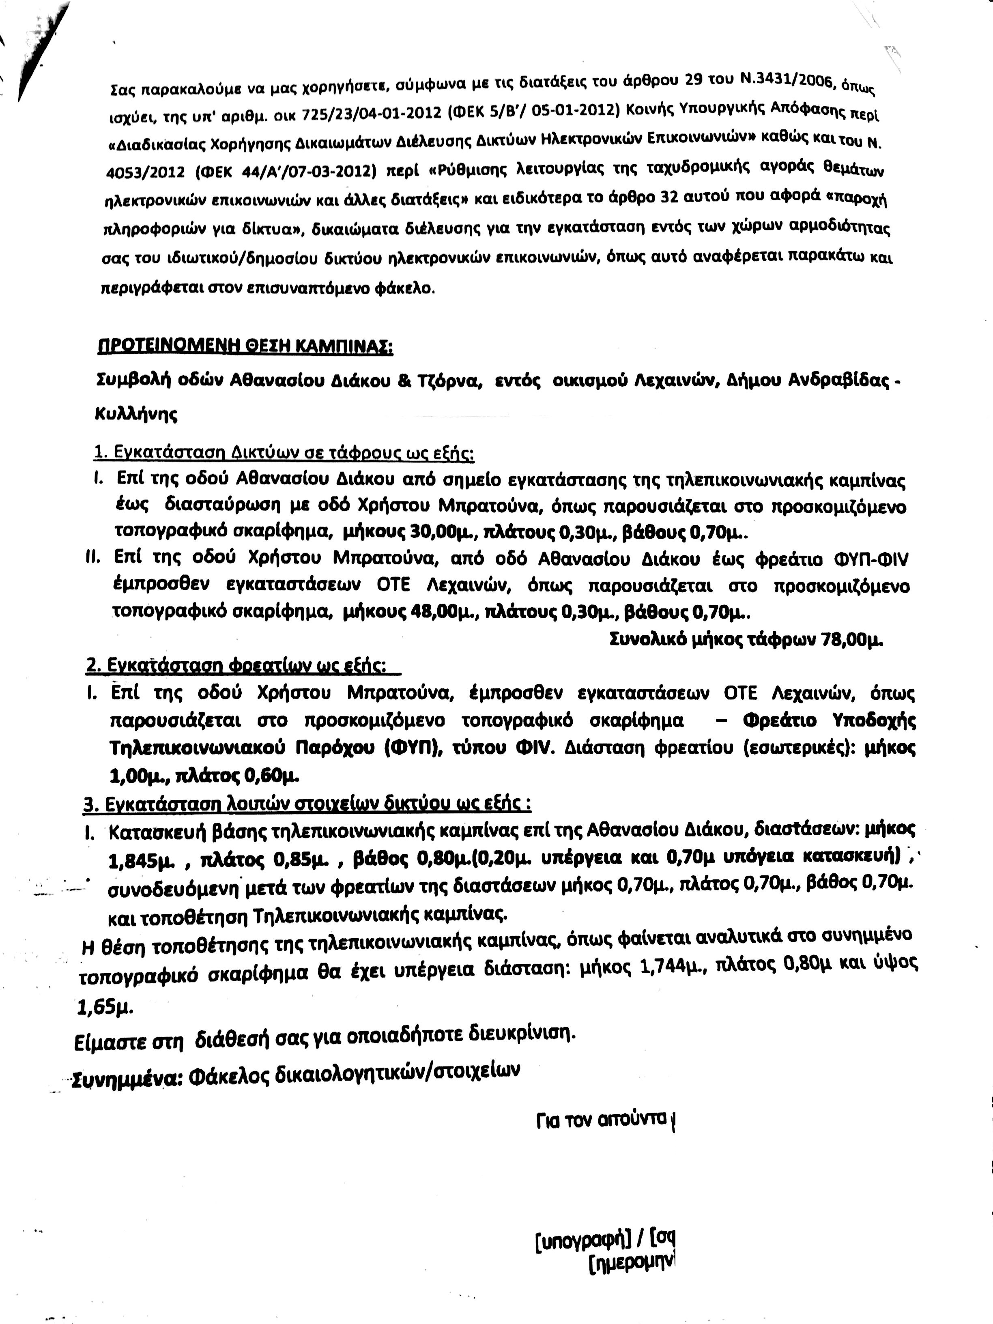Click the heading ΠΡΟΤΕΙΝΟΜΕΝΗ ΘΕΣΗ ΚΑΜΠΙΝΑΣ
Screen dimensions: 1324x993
[x=245, y=348]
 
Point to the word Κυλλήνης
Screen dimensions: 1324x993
[x=136, y=414]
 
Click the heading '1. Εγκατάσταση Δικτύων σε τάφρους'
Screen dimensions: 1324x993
[x=284, y=454]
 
